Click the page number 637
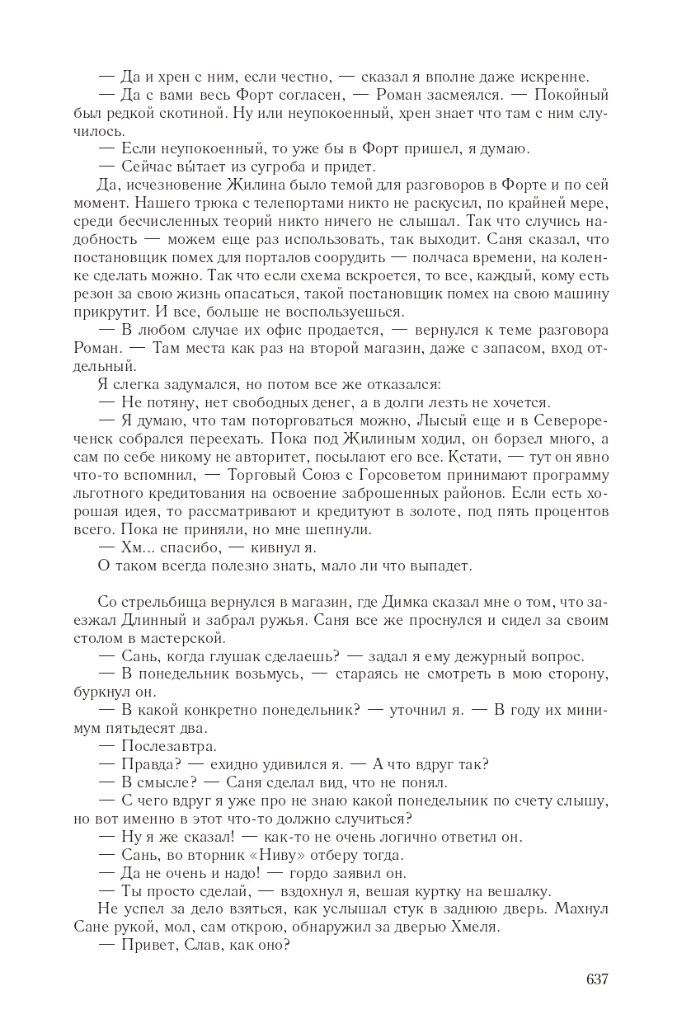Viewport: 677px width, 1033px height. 597,979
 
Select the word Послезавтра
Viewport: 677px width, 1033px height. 157,747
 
